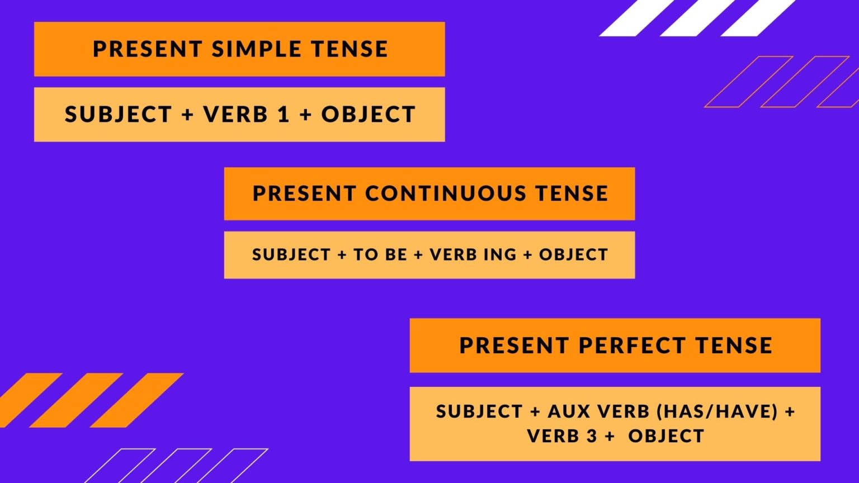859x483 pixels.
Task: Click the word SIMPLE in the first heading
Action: click(254, 49)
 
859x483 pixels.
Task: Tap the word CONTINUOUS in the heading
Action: click(445, 193)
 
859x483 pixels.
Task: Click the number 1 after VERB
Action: click(284, 115)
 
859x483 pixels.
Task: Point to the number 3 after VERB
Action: click(592, 436)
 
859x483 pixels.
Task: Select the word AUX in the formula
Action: click(569, 412)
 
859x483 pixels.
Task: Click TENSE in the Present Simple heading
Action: click(350, 49)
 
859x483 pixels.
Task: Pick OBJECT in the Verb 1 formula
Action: click(368, 115)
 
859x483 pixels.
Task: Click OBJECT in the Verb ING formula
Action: click(573, 255)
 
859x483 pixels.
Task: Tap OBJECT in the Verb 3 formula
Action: click(666, 436)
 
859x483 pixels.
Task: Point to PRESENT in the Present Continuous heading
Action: click(304, 193)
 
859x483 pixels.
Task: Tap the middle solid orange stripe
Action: click(76, 400)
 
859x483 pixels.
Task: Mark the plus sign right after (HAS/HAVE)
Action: click(790, 412)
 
